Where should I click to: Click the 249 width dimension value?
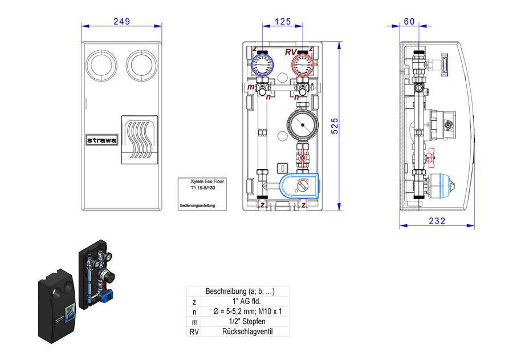(122, 22)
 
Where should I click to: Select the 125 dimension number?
(283, 22)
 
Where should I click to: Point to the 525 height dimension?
(335, 126)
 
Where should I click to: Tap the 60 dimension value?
(409, 22)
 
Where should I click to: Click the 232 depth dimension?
(437, 221)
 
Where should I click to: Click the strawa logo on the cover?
(102, 140)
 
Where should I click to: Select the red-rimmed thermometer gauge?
(303, 64)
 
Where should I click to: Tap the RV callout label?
(291, 52)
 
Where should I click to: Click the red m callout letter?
(251, 87)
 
